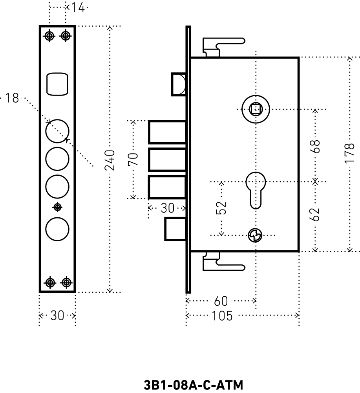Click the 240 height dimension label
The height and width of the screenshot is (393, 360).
111,160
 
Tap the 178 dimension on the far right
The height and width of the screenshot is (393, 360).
351,153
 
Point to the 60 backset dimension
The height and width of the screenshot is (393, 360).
221,301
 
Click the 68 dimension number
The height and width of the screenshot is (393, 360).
316,146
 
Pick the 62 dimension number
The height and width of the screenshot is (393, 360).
316,215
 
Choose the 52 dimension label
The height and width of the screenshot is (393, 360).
222,208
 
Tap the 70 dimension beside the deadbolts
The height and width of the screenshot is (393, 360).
133,160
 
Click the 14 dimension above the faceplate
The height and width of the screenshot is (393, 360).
78,7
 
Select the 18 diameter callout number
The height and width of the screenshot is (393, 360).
12,98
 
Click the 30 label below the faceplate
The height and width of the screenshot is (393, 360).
57,316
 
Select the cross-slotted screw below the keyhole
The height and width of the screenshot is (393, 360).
256,235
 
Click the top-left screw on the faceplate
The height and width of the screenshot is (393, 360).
49,36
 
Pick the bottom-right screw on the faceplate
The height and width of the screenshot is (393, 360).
67,282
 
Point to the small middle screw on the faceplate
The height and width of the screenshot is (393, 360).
58,207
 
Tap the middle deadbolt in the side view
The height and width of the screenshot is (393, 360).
167,160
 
